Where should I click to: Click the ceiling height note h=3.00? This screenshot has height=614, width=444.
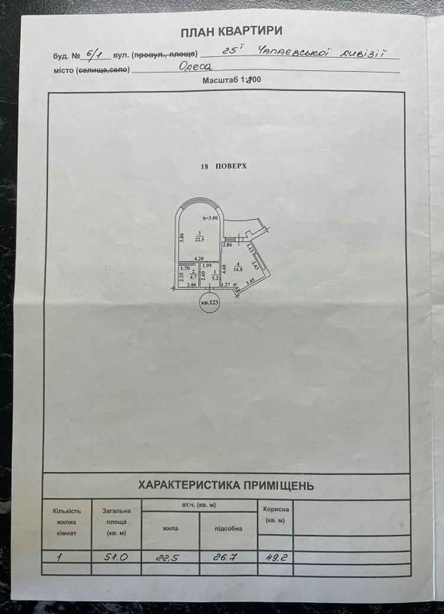pyautogui.click(x=212, y=218)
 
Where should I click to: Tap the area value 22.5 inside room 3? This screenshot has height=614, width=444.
pyautogui.click(x=201, y=240)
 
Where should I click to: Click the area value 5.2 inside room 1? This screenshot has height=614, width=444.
pyautogui.click(x=215, y=277)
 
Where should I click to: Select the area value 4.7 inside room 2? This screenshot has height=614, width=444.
pyautogui.click(x=194, y=276)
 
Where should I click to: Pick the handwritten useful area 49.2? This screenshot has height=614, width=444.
pyautogui.click(x=276, y=556)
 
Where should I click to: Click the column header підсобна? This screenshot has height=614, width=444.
pyautogui.click(x=228, y=528)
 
